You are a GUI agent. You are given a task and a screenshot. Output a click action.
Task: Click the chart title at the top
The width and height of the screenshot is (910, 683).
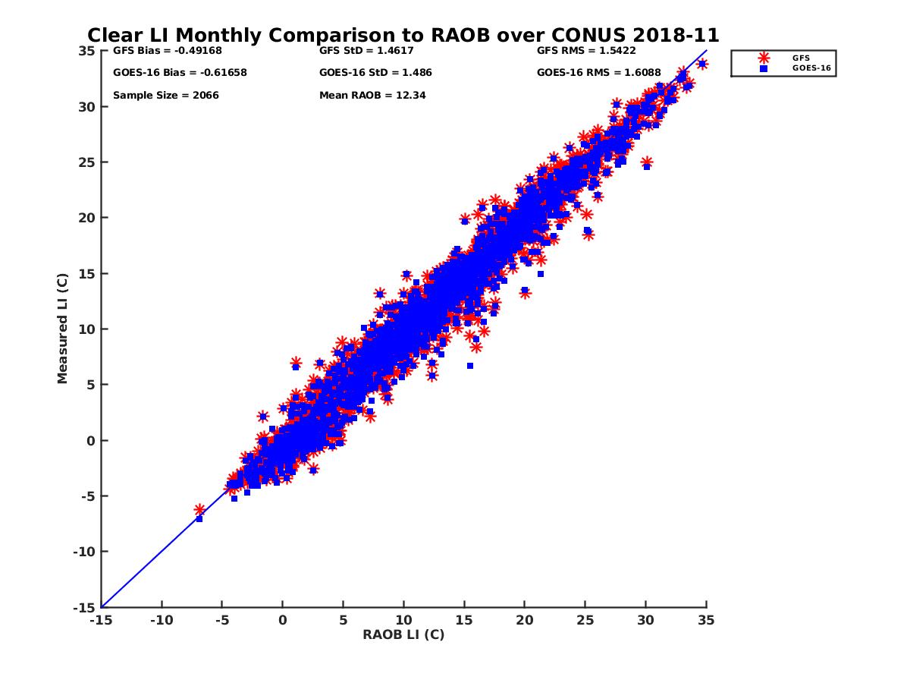tap(403, 35)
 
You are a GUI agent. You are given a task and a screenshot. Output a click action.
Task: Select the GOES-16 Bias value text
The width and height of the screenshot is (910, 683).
tap(180, 73)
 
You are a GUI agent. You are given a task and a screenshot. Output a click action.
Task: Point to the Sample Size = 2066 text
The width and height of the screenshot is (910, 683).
tap(166, 96)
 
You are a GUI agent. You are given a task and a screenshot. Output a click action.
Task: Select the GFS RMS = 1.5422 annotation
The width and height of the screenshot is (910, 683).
tap(586, 51)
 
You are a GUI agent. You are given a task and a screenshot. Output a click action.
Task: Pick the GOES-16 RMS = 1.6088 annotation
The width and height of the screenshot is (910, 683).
tap(598, 73)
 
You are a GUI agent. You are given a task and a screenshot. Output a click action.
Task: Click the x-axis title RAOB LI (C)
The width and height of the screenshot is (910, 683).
tap(403, 634)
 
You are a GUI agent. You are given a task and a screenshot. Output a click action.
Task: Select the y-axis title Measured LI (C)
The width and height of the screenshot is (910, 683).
tap(62, 329)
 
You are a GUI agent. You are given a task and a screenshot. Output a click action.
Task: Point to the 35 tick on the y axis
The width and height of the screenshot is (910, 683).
tap(86, 51)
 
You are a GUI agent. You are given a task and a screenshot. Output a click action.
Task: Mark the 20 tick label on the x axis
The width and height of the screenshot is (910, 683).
tap(524, 621)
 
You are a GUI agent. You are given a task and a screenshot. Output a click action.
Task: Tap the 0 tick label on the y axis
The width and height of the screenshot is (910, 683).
tap(91, 440)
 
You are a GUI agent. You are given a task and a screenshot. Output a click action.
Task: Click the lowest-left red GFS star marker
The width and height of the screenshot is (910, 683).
tap(199, 510)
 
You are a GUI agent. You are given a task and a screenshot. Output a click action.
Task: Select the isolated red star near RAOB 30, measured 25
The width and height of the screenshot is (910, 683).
tap(646, 162)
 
